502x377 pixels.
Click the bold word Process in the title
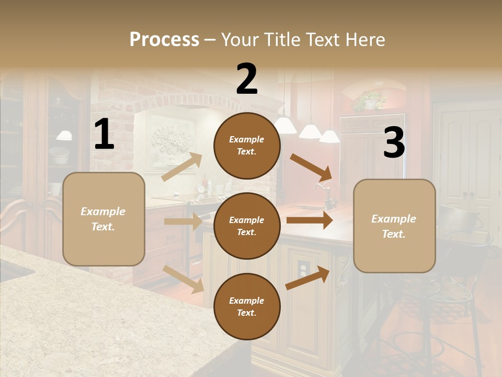pyautogui.click(x=164, y=39)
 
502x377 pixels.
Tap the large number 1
pyautogui.click(x=104, y=135)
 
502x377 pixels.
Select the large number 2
pyautogui.click(x=247, y=79)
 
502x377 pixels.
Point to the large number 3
pyautogui.click(x=394, y=143)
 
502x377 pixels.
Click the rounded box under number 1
pyautogui.click(x=104, y=219)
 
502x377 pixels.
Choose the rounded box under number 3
pyautogui.click(x=394, y=226)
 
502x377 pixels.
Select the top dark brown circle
pyautogui.click(x=247, y=146)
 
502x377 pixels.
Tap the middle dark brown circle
pyautogui.click(x=247, y=226)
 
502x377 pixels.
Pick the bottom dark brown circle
pyautogui.click(x=247, y=307)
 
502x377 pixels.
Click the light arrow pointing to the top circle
pyautogui.click(x=182, y=167)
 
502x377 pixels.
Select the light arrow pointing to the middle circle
pyautogui.click(x=182, y=221)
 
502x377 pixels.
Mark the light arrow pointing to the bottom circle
pyautogui.click(x=184, y=279)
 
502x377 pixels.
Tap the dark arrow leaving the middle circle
pyautogui.click(x=309, y=220)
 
